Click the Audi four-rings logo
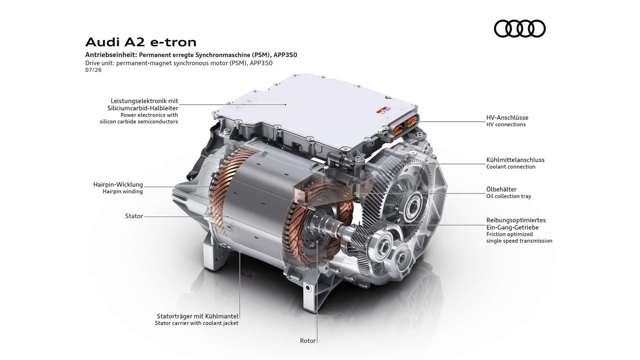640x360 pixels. pos(519,29)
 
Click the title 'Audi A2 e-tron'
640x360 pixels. pos(141,42)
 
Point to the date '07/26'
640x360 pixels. pos(93,70)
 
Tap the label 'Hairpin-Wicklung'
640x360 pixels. pos(118,185)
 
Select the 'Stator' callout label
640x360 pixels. pos(134,216)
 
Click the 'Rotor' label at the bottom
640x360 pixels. pos(308,341)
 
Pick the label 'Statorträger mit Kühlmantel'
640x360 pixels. pos(197,316)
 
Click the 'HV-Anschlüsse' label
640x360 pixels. pos(507,117)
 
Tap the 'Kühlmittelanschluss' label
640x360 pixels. pos(515,159)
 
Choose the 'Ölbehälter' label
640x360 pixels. pos(501,189)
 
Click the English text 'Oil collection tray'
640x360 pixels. pos(509,196)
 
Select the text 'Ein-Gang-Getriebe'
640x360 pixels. pos(513,227)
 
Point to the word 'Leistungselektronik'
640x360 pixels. pos(137,101)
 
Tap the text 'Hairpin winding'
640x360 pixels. pos(123,191)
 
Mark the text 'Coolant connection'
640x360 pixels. pos(511,167)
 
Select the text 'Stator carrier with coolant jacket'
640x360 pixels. pos(197,323)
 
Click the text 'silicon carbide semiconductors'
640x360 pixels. pos(139,122)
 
